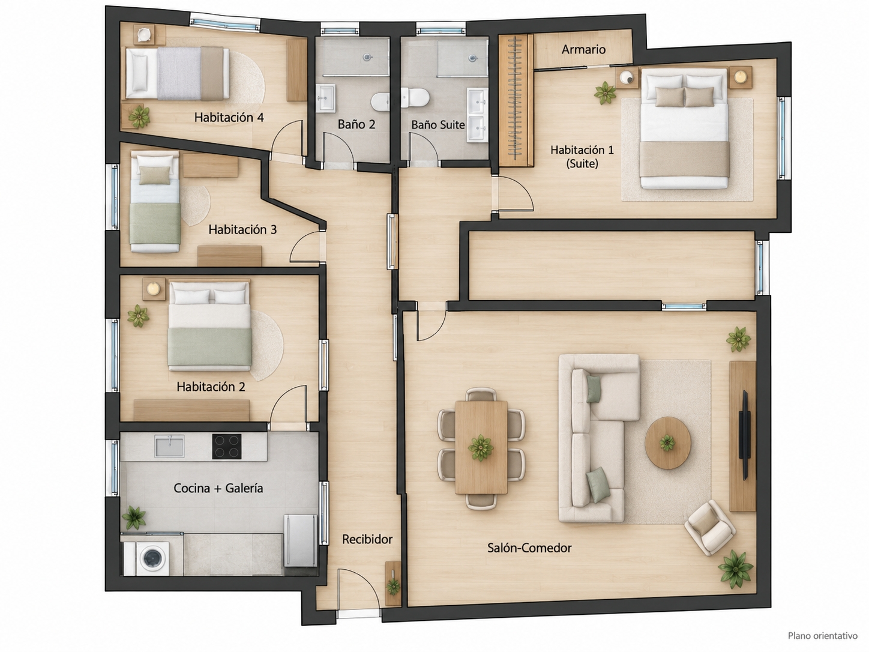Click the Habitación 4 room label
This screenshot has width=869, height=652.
click(229, 118)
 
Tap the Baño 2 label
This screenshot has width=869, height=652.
click(356, 125)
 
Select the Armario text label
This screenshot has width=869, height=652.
click(583, 49)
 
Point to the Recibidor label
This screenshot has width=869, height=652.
click(367, 539)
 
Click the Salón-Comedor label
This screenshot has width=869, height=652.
click(529, 548)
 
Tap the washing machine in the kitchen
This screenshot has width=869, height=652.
click(152, 558)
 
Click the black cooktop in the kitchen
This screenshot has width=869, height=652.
click(227, 447)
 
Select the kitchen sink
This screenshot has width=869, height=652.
click(169, 446)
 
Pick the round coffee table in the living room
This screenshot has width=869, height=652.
click(668, 442)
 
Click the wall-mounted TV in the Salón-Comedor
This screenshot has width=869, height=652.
click(745, 435)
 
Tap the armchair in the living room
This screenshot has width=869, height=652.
click(710, 527)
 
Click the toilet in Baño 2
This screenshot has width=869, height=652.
click(380, 101)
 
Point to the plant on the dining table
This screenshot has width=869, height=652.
click(481, 448)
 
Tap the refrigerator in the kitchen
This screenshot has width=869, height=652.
click(301, 541)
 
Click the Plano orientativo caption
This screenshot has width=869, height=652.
click(822, 636)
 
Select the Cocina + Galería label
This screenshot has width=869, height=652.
click(218, 488)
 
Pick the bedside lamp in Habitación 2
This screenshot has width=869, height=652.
click(153, 289)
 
